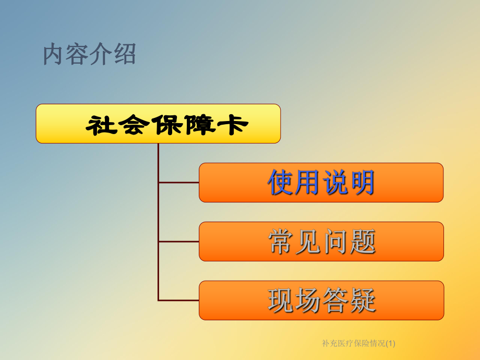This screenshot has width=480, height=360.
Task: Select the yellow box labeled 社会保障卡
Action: click(158, 124)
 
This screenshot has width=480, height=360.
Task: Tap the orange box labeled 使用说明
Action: click(321, 183)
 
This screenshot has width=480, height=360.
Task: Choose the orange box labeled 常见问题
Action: click(321, 242)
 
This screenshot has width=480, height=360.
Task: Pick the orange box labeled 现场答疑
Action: click(321, 301)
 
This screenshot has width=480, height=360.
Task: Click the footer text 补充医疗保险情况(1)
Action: click(359, 343)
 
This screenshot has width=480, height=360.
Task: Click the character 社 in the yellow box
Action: click(101, 125)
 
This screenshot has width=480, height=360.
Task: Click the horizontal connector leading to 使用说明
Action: click(178, 183)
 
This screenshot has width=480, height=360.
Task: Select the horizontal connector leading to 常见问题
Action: click(178, 242)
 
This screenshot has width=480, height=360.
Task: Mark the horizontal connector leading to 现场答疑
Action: click(178, 301)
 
